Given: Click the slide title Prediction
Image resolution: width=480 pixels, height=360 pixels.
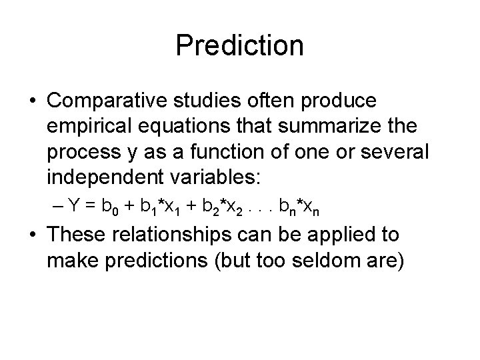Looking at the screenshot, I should [x=239, y=46].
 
